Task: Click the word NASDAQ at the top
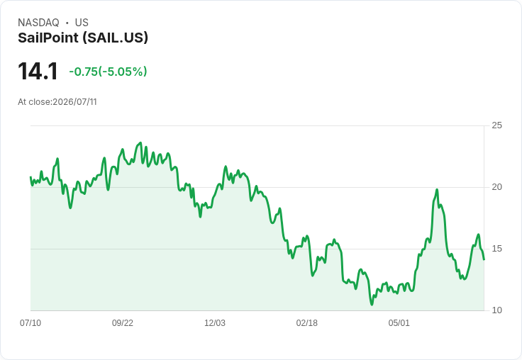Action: tap(38, 23)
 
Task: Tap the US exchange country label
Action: tap(82, 23)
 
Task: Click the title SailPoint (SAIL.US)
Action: tap(83, 38)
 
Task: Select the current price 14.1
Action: tap(38, 71)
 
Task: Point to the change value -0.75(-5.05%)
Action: tap(109, 72)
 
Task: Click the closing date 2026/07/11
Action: tap(74, 102)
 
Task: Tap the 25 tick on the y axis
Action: tap(496, 125)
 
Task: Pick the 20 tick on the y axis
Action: tap(496, 187)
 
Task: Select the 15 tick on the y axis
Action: tap(496, 249)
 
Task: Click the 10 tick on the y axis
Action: tap(496, 310)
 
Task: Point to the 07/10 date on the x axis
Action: tap(30, 322)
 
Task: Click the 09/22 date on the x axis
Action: tap(123, 322)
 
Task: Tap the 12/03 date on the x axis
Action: tap(215, 322)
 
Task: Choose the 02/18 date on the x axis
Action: tap(307, 322)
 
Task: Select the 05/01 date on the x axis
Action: tap(399, 322)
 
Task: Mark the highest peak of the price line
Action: tap(140, 142)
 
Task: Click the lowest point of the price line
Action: tap(372, 305)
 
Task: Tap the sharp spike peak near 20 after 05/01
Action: tap(437, 190)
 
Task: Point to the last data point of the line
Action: tap(484, 259)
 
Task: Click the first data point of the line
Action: tap(30, 177)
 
